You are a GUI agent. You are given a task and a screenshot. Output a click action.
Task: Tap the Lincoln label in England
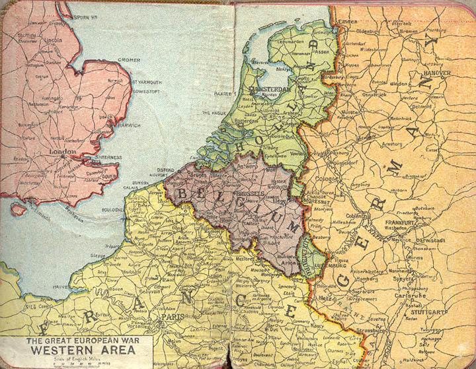(x=53, y=40)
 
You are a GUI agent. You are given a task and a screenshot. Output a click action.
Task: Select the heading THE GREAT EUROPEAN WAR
(x=77, y=341)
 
